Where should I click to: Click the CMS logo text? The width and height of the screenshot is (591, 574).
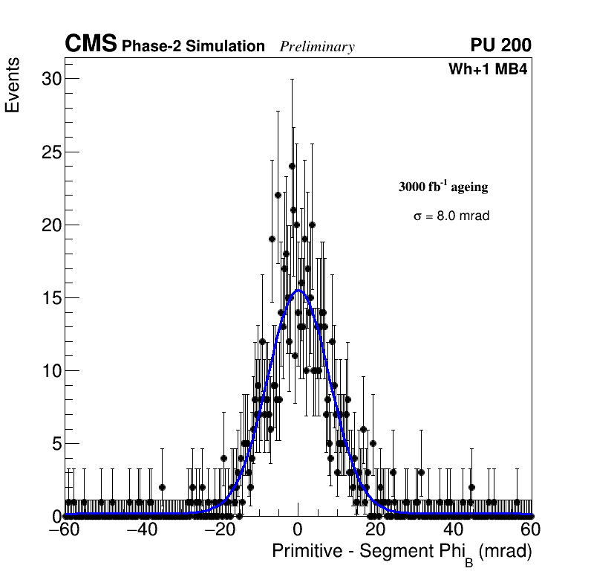(x=91, y=45)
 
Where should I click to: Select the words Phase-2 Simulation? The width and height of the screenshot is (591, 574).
(x=193, y=47)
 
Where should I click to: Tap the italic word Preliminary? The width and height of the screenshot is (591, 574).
(x=317, y=48)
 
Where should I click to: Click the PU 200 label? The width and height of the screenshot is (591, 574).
(x=500, y=45)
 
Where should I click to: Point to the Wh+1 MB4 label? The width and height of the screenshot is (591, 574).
(x=488, y=70)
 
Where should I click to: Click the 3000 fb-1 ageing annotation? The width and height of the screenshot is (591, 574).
(x=443, y=187)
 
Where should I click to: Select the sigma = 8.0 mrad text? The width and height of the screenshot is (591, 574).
(x=451, y=216)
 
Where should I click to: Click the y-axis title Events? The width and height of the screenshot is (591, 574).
(x=13, y=86)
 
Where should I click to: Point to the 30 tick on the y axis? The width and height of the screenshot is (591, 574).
(x=50, y=79)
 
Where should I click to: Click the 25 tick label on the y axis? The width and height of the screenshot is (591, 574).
(x=50, y=152)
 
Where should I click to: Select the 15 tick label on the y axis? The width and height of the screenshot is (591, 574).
(x=50, y=298)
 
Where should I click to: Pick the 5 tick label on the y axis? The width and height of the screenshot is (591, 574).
(x=55, y=444)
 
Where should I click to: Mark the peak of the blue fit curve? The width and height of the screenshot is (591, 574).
(x=298, y=291)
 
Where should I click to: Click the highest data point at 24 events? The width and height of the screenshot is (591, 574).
(x=292, y=166)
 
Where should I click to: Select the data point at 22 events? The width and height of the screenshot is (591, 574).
(x=278, y=195)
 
